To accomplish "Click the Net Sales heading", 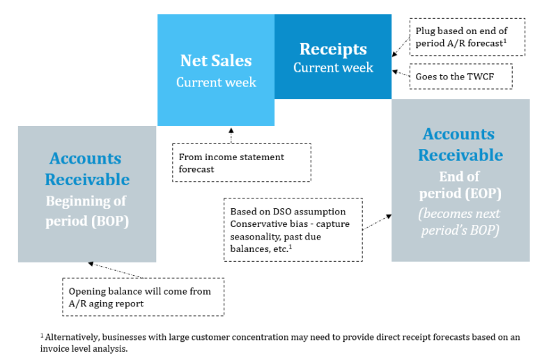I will [x=215, y=61].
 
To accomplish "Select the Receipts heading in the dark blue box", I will [x=333, y=49].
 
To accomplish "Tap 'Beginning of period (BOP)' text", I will [x=87, y=212].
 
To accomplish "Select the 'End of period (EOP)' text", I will [x=460, y=185].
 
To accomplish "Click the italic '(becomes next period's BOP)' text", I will [x=460, y=221].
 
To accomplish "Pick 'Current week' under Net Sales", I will [x=215, y=82].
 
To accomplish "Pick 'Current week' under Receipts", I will [x=333, y=68].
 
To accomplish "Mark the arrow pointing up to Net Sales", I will [x=231, y=134].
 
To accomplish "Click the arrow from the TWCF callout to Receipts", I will [x=401, y=72].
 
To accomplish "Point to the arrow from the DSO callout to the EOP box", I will [x=376, y=222].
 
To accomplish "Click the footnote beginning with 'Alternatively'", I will [x=279, y=342].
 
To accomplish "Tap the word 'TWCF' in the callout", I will [x=480, y=76].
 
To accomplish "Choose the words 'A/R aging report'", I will [x=104, y=303].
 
